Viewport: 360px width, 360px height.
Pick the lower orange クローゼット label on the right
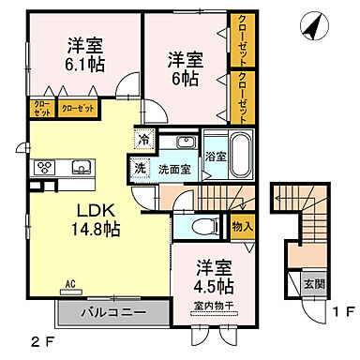point(243,97)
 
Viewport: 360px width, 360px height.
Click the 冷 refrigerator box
point(144,139)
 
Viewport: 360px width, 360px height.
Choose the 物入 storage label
point(241,225)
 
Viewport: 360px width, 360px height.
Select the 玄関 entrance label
point(313,280)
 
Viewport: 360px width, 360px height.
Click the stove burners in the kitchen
point(44,168)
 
